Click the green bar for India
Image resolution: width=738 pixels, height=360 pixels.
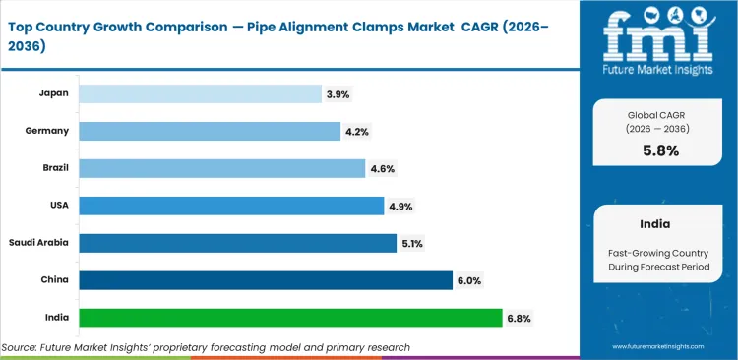pos(290,318)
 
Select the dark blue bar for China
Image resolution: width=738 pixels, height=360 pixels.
pos(266,280)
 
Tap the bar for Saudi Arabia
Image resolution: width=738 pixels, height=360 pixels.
pos(237,243)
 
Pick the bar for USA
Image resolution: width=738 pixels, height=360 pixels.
pos(231,206)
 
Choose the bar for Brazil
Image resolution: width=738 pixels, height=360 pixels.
pos(221,168)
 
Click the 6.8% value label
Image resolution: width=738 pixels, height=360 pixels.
pos(518,318)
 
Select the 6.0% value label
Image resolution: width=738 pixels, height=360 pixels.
pos(468,280)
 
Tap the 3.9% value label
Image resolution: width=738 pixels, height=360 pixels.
pos(337,94)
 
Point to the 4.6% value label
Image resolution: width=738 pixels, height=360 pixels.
pos(382,168)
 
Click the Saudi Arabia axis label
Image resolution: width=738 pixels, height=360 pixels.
pos(39,243)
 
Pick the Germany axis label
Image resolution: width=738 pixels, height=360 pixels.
pos(46,131)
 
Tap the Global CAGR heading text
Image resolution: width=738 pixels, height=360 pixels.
pos(657,114)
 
